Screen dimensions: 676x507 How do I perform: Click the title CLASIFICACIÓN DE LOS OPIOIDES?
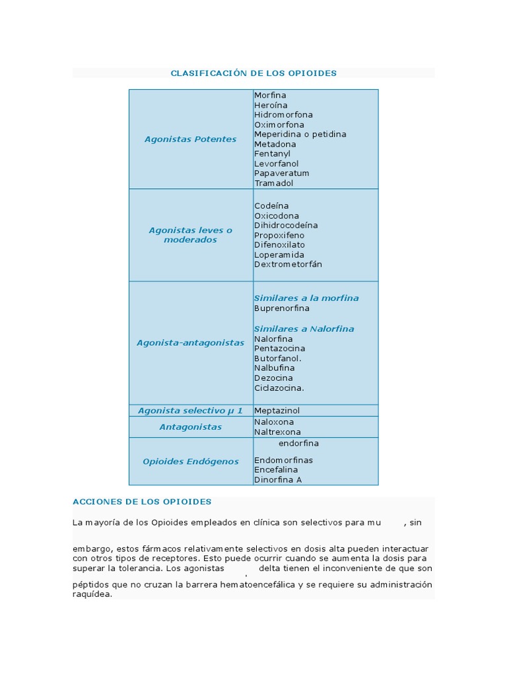(253, 73)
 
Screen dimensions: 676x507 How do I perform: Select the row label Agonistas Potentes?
(190, 139)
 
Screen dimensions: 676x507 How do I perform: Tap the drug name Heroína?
(271, 105)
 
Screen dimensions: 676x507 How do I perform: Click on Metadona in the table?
(275, 144)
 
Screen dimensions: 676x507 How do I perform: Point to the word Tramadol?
(274, 183)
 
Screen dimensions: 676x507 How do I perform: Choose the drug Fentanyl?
(272, 154)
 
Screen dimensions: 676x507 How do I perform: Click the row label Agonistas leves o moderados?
(190, 235)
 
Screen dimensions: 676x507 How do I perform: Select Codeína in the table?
(271, 206)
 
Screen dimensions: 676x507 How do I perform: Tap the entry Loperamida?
(279, 255)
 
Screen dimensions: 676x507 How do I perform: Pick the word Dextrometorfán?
(288, 265)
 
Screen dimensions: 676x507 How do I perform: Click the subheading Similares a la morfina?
(306, 298)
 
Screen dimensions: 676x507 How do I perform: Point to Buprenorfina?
(282, 308)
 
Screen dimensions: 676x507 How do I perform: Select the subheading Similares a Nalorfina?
(304, 329)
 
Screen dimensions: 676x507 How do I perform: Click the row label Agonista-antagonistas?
(190, 343)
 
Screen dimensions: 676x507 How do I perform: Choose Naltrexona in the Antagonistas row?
(277, 432)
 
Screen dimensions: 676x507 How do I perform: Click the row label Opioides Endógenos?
(190, 461)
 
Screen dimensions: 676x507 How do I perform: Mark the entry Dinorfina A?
(278, 480)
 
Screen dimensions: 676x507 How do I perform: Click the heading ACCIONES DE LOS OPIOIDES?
(142, 502)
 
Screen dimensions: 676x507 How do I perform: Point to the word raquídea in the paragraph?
(92, 594)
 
